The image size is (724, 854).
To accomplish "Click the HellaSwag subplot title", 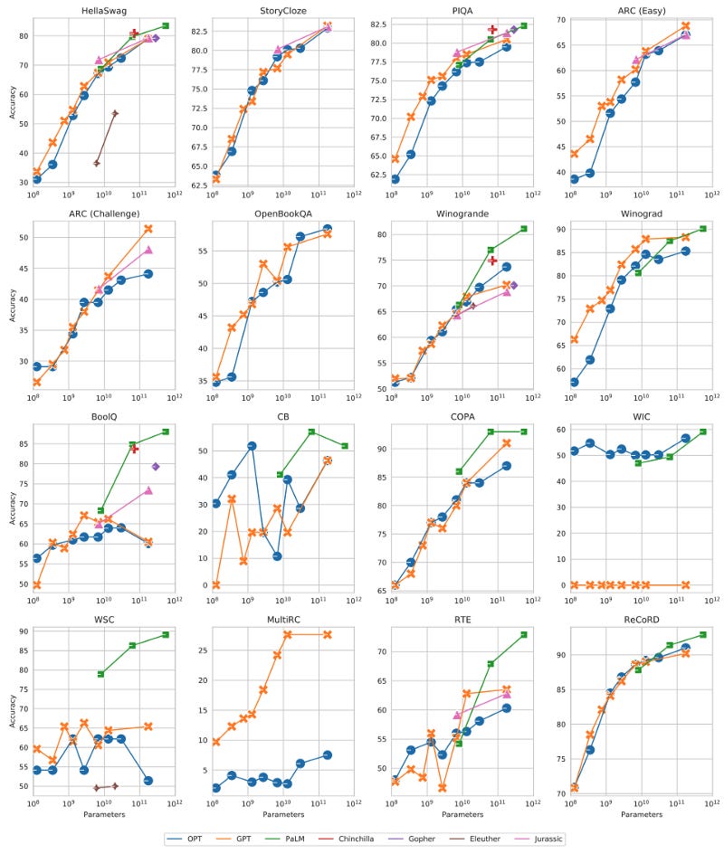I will pos(102,9).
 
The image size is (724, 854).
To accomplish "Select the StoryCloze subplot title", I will pos(281,9).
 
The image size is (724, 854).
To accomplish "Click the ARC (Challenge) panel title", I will pos(102,213).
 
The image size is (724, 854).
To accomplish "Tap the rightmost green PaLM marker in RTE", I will pos(524,635).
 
